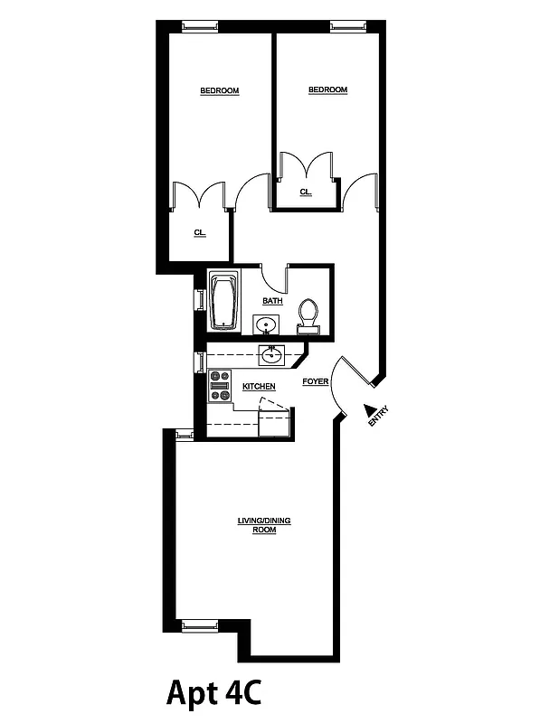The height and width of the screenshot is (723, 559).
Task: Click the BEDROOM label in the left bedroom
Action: [219, 90]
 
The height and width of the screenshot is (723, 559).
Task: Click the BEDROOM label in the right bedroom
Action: [327, 89]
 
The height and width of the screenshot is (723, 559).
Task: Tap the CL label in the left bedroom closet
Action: [199, 233]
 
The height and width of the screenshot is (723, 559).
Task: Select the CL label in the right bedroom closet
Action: [305, 192]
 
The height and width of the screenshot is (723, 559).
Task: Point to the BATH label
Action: [271, 301]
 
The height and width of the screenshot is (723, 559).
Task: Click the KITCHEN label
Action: [259, 387]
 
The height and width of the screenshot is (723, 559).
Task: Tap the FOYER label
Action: [315, 382]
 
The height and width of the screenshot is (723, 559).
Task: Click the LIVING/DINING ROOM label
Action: [264, 525]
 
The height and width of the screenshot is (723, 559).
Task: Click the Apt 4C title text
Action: [214, 692]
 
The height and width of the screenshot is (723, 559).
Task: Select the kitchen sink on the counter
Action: [270, 355]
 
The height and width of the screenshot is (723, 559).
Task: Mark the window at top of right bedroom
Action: [346, 25]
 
